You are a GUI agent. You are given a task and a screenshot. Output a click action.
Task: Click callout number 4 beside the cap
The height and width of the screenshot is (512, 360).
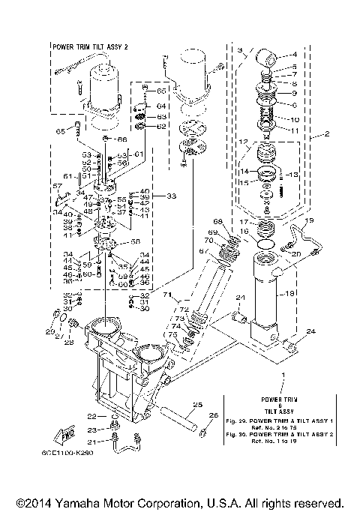click(x=293, y=54)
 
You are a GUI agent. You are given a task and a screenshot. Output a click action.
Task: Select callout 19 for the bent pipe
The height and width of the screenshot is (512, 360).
click(x=309, y=221)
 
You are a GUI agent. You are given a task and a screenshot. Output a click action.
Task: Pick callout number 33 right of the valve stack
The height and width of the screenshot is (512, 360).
click(x=172, y=196)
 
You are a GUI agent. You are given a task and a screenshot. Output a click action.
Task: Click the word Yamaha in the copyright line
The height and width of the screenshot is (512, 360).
click(x=81, y=502)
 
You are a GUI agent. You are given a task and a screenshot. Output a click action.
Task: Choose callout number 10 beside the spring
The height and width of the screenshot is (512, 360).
click(x=294, y=119)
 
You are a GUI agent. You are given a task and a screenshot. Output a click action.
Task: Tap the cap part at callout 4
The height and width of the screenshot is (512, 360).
click(x=268, y=58)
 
